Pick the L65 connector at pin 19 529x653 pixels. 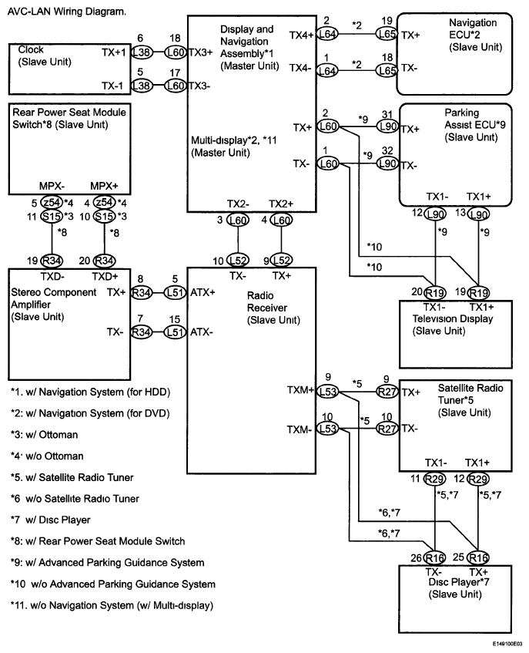pos(386,35)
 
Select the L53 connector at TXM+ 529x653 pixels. pos(329,391)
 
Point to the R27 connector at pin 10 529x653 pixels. pos(386,429)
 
